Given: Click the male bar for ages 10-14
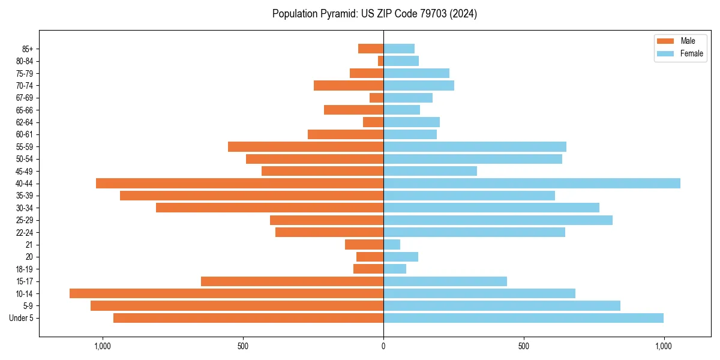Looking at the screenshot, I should [226, 293].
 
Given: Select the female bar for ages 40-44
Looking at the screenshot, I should [532, 183].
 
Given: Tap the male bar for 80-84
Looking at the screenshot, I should [380, 61].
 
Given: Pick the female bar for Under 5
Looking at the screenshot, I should [523, 318].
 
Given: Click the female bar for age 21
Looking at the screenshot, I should [392, 244].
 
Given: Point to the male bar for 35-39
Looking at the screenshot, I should [251, 196].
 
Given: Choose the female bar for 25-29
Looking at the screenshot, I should [498, 220].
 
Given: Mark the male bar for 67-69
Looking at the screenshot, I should [376, 98].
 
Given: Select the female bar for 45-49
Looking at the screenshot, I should [430, 171].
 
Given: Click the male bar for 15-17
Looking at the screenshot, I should [292, 281].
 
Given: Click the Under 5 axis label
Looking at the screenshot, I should [21, 318].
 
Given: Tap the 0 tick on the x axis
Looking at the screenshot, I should [383, 346].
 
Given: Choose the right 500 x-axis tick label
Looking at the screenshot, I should [524, 346].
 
